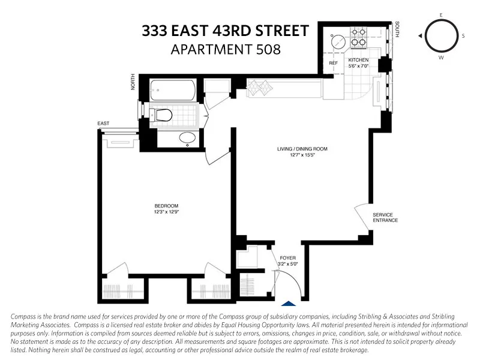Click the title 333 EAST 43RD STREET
tap(225, 31)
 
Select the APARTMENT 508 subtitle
tap(225, 49)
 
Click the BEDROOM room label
tap(166, 206)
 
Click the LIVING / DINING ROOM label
tap(302, 149)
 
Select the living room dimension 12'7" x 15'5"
tap(302, 155)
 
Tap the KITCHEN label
tap(358, 60)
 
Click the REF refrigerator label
tap(333, 62)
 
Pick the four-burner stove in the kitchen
tap(359, 37)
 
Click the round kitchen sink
tap(338, 41)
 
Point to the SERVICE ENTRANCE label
tap(385, 217)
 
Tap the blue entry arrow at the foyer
tap(289, 305)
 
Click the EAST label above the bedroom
tap(103, 124)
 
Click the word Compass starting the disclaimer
tap(25, 316)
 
